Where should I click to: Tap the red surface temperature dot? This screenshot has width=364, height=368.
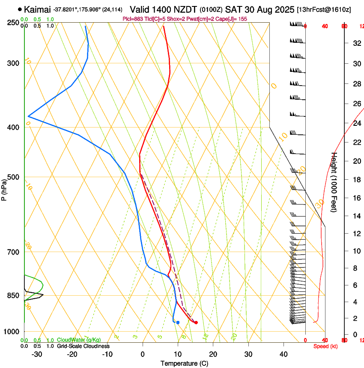(196, 322)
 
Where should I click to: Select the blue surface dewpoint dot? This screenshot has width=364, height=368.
(178, 322)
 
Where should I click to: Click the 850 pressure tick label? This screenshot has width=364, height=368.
(14, 296)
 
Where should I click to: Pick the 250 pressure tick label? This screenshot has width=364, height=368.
(14, 23)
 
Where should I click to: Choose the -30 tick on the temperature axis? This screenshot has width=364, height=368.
(37, 354)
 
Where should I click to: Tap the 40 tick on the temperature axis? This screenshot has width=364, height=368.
(283, 354)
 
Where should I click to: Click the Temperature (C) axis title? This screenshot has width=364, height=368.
(184, 363)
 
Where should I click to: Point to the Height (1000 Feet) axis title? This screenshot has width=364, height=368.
(334, 182)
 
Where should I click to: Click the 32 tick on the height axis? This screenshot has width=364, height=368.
(356, 43)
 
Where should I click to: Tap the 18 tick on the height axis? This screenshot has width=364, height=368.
(356, 180)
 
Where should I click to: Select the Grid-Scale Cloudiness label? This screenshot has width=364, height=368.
(83, 346)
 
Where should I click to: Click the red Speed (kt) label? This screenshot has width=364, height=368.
(325, 346)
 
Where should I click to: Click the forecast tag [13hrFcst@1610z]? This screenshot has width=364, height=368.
(324, 9)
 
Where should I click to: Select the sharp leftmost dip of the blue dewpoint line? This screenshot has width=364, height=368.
(28, 116)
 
